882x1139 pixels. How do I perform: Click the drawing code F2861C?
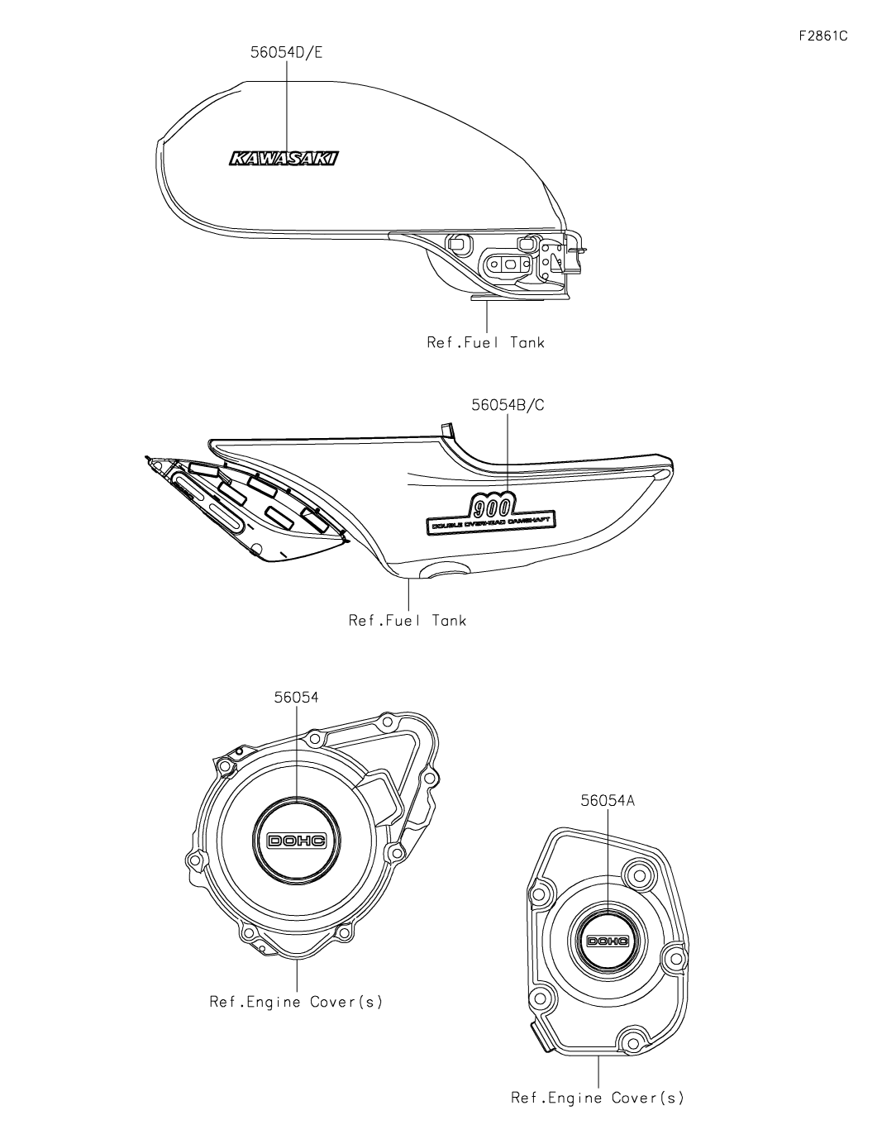(x=823, y=36)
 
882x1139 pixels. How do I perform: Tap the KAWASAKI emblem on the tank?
(x=284, y=160)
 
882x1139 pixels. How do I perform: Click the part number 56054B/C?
(x=507, y=405)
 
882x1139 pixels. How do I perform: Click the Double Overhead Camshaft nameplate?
(x=491, y=522)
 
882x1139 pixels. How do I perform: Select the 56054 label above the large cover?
(x=296, y=696)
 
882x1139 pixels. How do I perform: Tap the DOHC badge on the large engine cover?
(x=297, y=840)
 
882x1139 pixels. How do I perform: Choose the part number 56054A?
(x=608, y=800)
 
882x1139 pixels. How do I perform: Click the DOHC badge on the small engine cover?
(x=608, y=941)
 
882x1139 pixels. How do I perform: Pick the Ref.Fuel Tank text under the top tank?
(x=486, y=341)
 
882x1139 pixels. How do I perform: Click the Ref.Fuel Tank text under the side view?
(x=408, y=620)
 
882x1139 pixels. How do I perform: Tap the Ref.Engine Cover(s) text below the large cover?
(x=296, y=1002)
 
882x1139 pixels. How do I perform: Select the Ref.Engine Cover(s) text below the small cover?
(x=598, y=1098)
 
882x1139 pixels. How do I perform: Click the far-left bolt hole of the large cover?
(x=195, y=861)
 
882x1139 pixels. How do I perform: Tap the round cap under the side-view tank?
(x=446, y=570)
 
